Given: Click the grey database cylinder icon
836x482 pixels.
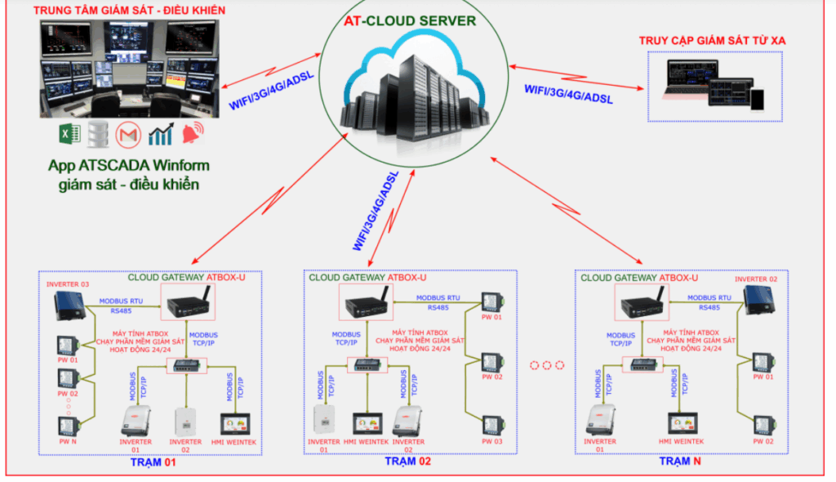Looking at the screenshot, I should pyautogui.click(x=96, y=134).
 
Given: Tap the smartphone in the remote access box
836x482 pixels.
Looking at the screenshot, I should pyautogui.click(x=758, y=98).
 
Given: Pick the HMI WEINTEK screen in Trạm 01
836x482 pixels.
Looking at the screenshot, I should pyautogui.click(x=237, y=426).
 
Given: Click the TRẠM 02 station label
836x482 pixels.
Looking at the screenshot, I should pyautogui.click(x=407, y=462).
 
